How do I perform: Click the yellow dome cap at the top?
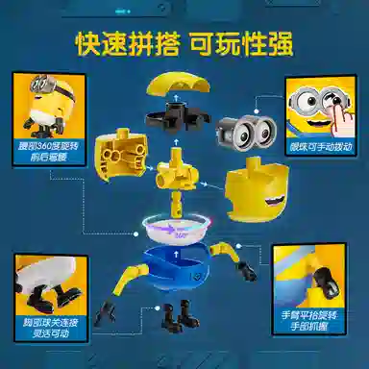click(x=182, y=79)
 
